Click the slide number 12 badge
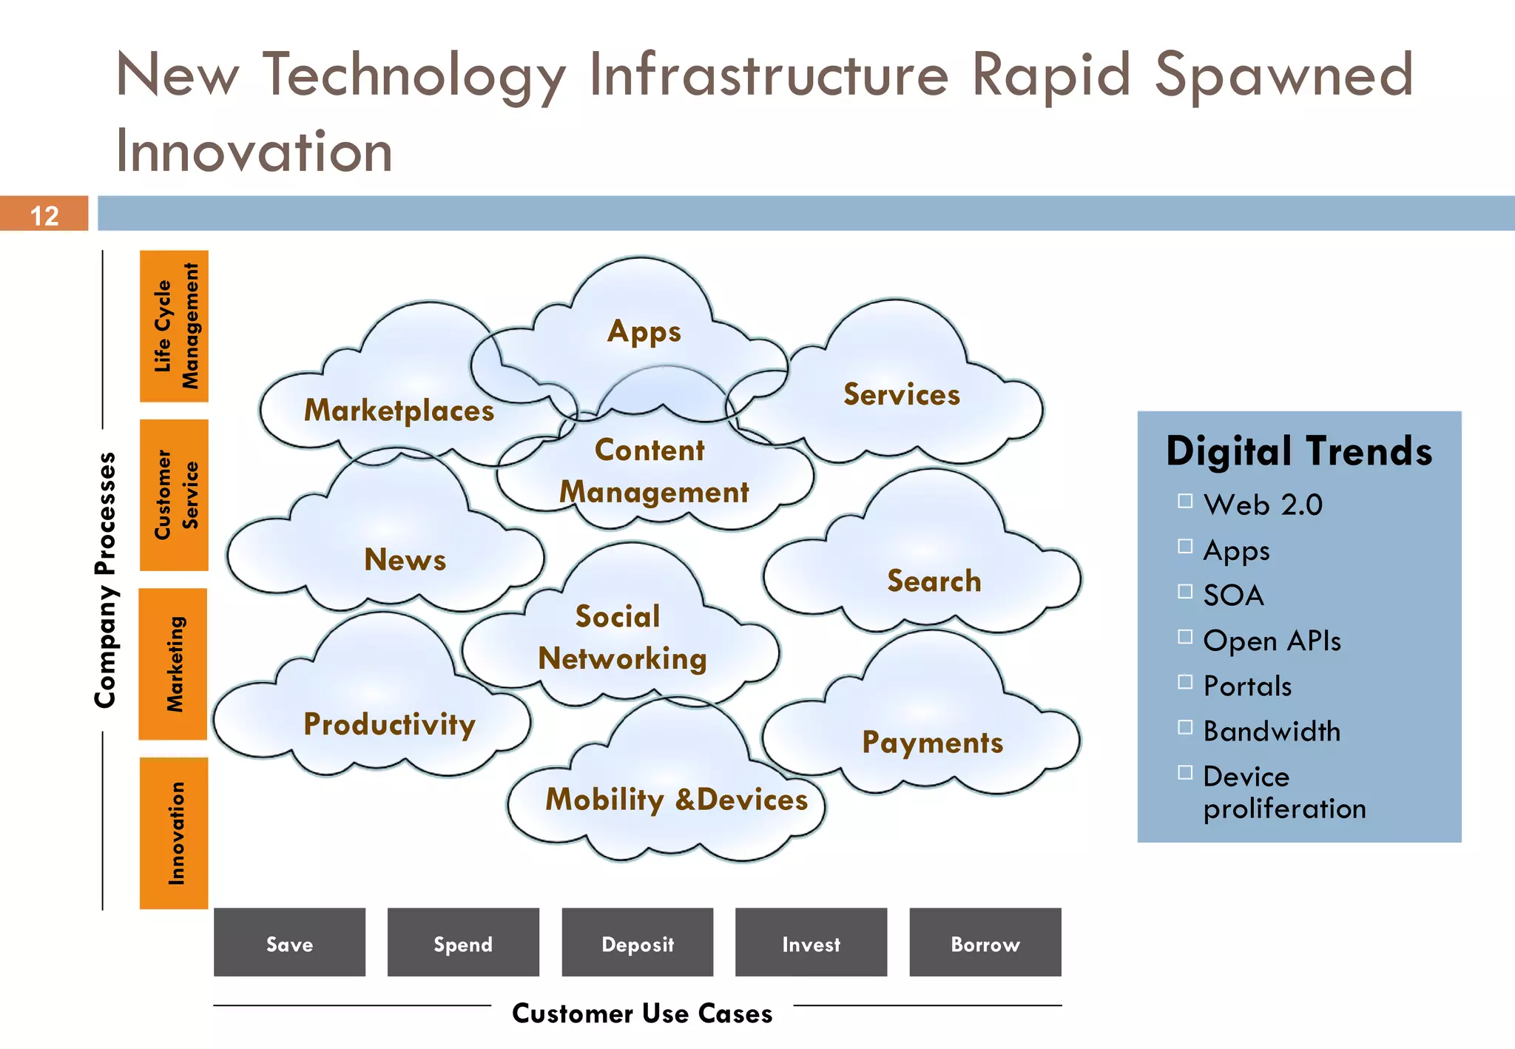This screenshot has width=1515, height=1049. pos(44,215)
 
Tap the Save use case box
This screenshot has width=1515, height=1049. pos(289,942)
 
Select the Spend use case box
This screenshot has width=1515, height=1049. pos(463,942)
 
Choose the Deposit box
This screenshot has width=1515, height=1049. pos(637,942)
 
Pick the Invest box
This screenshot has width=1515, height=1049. pos(811,942)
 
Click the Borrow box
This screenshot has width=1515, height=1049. pos(985,942)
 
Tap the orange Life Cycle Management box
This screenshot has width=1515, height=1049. pos(174,326)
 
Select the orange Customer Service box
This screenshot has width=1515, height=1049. pos(174,495)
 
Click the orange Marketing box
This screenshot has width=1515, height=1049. pos(173,664)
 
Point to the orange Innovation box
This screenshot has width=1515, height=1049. pos(174,833)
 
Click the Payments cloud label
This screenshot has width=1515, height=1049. pos(932,742)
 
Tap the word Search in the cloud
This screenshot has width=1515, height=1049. pos(934,581)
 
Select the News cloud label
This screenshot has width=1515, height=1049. pos(405,560)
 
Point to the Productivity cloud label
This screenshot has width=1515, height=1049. pos(389,724)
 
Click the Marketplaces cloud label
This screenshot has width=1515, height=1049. pos(399,411)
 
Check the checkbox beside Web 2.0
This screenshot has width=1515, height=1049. pos(1185,502)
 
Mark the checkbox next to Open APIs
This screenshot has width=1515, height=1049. pos(1185,637)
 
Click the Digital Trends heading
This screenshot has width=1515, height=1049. pos(1298,451)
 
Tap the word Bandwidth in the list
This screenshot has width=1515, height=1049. pos(1272,731)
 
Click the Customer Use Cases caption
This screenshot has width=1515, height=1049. pos(642,1013)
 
